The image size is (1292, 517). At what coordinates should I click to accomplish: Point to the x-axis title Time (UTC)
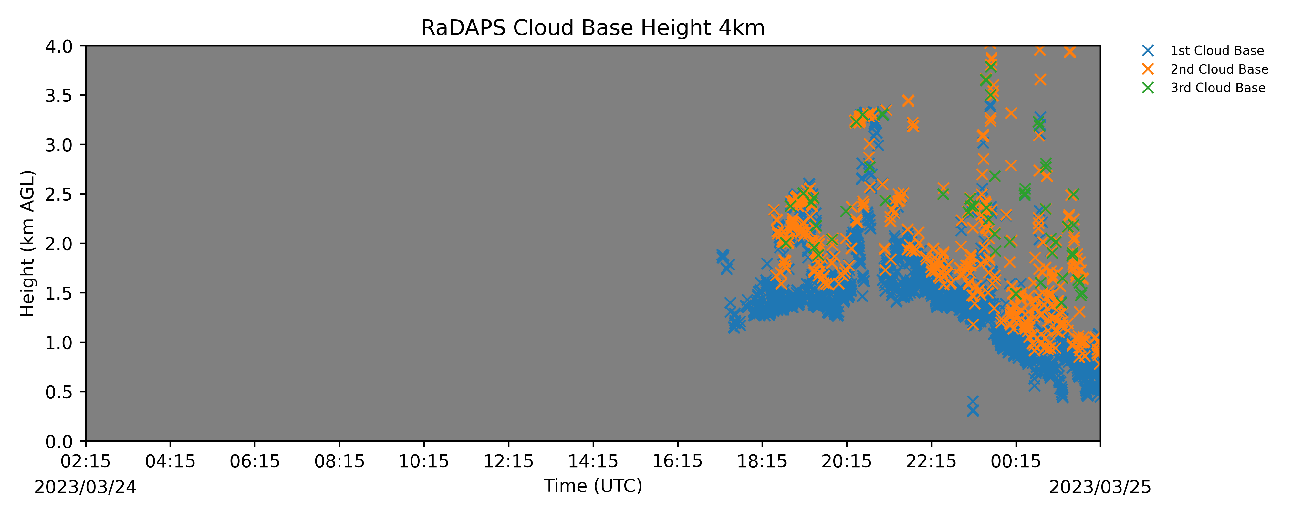pos(593,486)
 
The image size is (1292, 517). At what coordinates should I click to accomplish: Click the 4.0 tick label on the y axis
pos(59,46)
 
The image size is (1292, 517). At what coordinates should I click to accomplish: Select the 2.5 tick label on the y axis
pos(59,194)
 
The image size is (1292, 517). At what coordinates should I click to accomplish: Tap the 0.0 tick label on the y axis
pos(59,442)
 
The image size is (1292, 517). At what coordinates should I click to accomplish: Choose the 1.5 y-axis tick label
pos(59,293)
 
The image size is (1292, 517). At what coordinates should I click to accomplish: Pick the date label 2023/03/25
pos(1100,487)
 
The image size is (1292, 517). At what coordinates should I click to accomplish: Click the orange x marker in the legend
pos(1148,69)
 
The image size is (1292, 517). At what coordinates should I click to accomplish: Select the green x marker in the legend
pos(1148,88)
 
